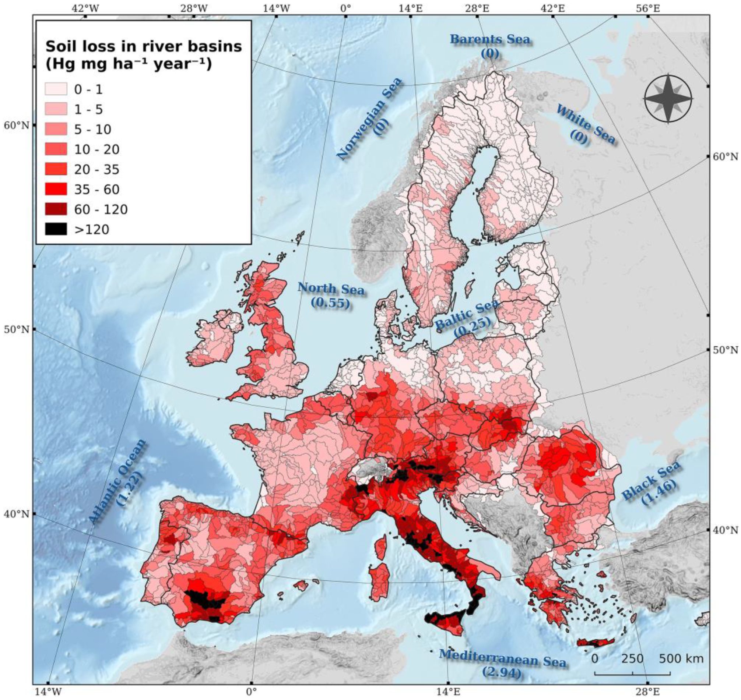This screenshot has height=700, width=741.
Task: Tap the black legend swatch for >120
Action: [x=56, y=229]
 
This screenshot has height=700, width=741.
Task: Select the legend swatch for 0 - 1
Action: [x=56, y=89]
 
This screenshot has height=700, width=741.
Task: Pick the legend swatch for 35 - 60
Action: [x=56, y=189]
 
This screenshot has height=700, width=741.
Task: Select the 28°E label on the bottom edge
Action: [x=648, y=692]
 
